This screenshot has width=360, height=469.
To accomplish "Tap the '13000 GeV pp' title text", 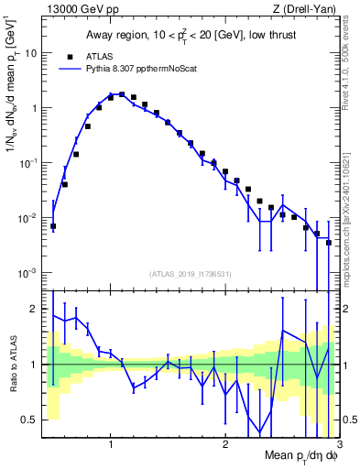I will [77, 8].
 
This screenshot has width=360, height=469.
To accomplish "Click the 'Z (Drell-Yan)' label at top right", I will [308, 8].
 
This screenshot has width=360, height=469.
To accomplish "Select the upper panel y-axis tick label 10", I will [29, 53].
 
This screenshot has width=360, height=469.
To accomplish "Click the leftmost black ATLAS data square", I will [53, 226].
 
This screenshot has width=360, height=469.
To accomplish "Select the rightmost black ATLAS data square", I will [328, 243].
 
